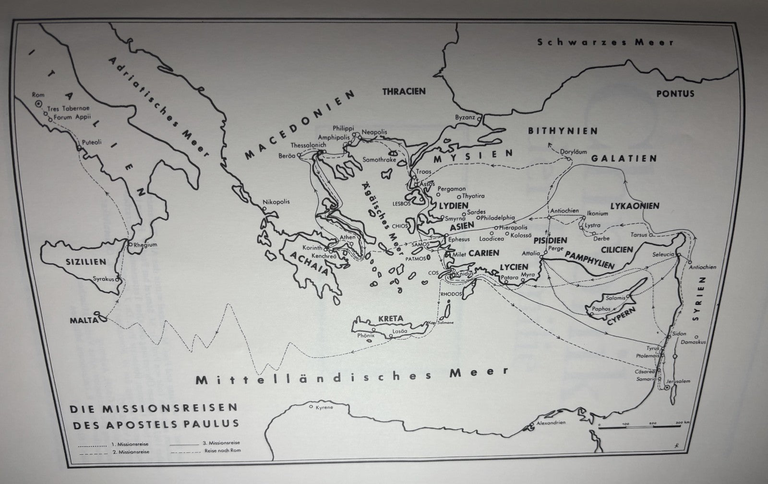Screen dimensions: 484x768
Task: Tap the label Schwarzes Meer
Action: coord(605,42)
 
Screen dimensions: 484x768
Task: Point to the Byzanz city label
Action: coord(465,118)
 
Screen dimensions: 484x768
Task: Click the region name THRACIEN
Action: coord(404,91)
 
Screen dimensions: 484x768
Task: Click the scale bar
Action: coord(638,426)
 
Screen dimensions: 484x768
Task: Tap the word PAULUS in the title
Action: coord(215,423)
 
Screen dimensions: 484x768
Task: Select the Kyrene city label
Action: coord(324,408)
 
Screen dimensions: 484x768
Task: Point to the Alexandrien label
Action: coord(551,423)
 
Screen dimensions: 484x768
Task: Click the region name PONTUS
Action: coord(676,93)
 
